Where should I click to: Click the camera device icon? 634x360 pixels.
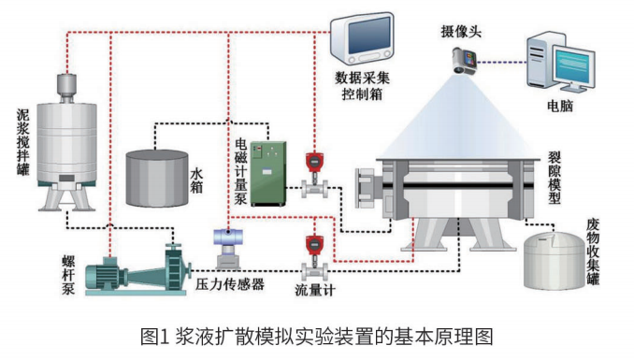(464, 61)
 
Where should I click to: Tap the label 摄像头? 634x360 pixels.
(461, 32)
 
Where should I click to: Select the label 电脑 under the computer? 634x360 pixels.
(560, 106)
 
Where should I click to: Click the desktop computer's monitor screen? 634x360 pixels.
(574, 65)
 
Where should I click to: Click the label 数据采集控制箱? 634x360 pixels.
(362, 86)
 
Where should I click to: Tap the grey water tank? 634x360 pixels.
(157, 178)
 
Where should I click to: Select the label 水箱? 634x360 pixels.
(196, 180)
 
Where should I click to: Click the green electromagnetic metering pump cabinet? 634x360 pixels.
(268, 174)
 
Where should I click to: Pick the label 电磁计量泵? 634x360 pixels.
(240, 171)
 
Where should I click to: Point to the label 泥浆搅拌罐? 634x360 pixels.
(23, 141)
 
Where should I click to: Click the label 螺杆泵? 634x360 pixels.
(68, 275)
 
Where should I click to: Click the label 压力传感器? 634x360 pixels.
(230, 284)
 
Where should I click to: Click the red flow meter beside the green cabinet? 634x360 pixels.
(314, 174)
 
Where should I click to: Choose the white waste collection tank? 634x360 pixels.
(555, 260)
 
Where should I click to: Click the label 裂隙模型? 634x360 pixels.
(555, 178)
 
